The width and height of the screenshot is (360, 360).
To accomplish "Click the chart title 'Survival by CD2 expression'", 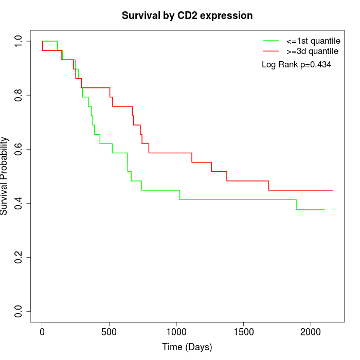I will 187,16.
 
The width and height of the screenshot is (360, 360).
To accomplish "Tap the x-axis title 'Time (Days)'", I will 187,347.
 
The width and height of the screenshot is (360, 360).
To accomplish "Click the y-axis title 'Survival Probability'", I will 5,175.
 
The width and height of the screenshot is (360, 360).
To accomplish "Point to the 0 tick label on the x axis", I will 42,331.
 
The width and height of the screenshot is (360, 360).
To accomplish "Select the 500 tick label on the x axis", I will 109,331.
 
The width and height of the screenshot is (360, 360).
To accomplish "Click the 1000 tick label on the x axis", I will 176,331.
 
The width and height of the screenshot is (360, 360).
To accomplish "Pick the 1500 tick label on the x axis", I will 243,331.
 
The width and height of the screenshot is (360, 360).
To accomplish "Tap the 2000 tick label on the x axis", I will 311,331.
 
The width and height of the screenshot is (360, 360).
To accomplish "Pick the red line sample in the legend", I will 271,51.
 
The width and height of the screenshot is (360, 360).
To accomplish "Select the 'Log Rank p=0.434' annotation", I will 296,65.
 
